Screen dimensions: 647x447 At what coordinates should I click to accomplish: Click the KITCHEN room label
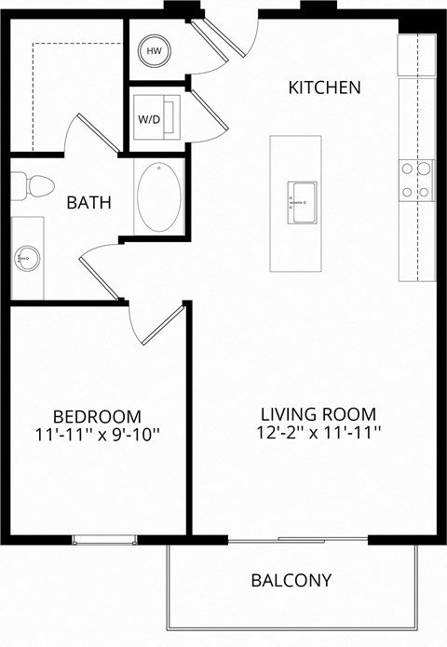coord(324,88)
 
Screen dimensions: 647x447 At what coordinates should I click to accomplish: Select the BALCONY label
coord(291,580)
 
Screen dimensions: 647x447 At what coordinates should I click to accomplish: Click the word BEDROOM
coord(97,415)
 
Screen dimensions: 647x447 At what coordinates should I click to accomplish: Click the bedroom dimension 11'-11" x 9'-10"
coord(97,433)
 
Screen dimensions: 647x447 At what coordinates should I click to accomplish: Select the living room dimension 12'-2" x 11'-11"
coord(317,433)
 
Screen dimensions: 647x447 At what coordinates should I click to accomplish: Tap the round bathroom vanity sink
coord(26,256)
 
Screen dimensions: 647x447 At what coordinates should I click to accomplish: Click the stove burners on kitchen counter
coord(415,180)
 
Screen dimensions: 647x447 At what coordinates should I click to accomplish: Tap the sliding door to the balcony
coord(298,539)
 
